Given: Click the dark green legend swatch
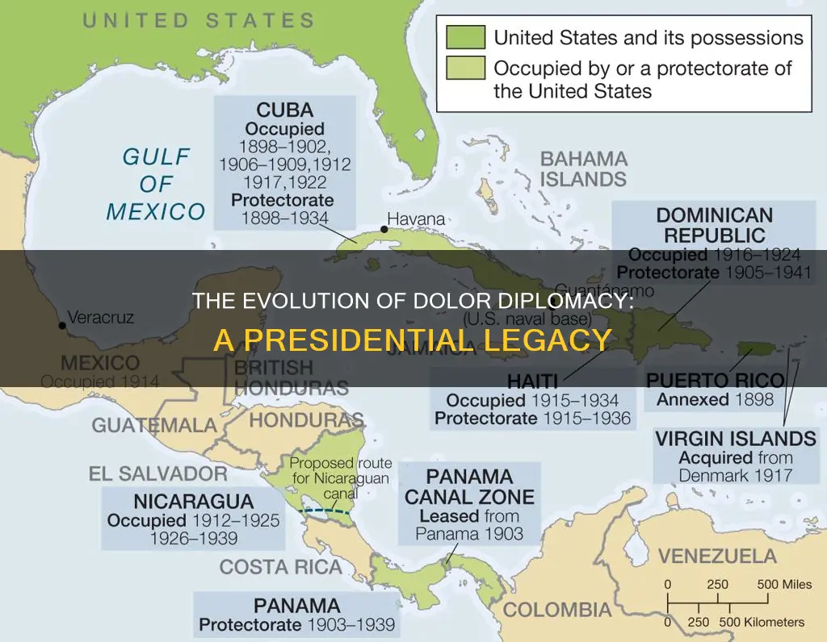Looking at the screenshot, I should tap(465, 38).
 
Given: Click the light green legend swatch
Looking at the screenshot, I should tap(465, 69).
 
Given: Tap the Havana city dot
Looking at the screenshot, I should tap(384, 229).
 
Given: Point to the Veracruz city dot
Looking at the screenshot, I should tap(62, 326).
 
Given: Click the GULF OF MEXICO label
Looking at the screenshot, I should tap(156, 184).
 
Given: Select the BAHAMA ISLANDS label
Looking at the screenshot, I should tap(583, 169).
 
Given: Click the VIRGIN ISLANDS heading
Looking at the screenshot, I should tap(735, 439).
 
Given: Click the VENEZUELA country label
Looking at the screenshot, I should tap(717, 557).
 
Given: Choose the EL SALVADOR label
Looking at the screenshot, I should tap(158, 473).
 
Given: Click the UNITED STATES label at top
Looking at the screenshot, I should tap(199, 19).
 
